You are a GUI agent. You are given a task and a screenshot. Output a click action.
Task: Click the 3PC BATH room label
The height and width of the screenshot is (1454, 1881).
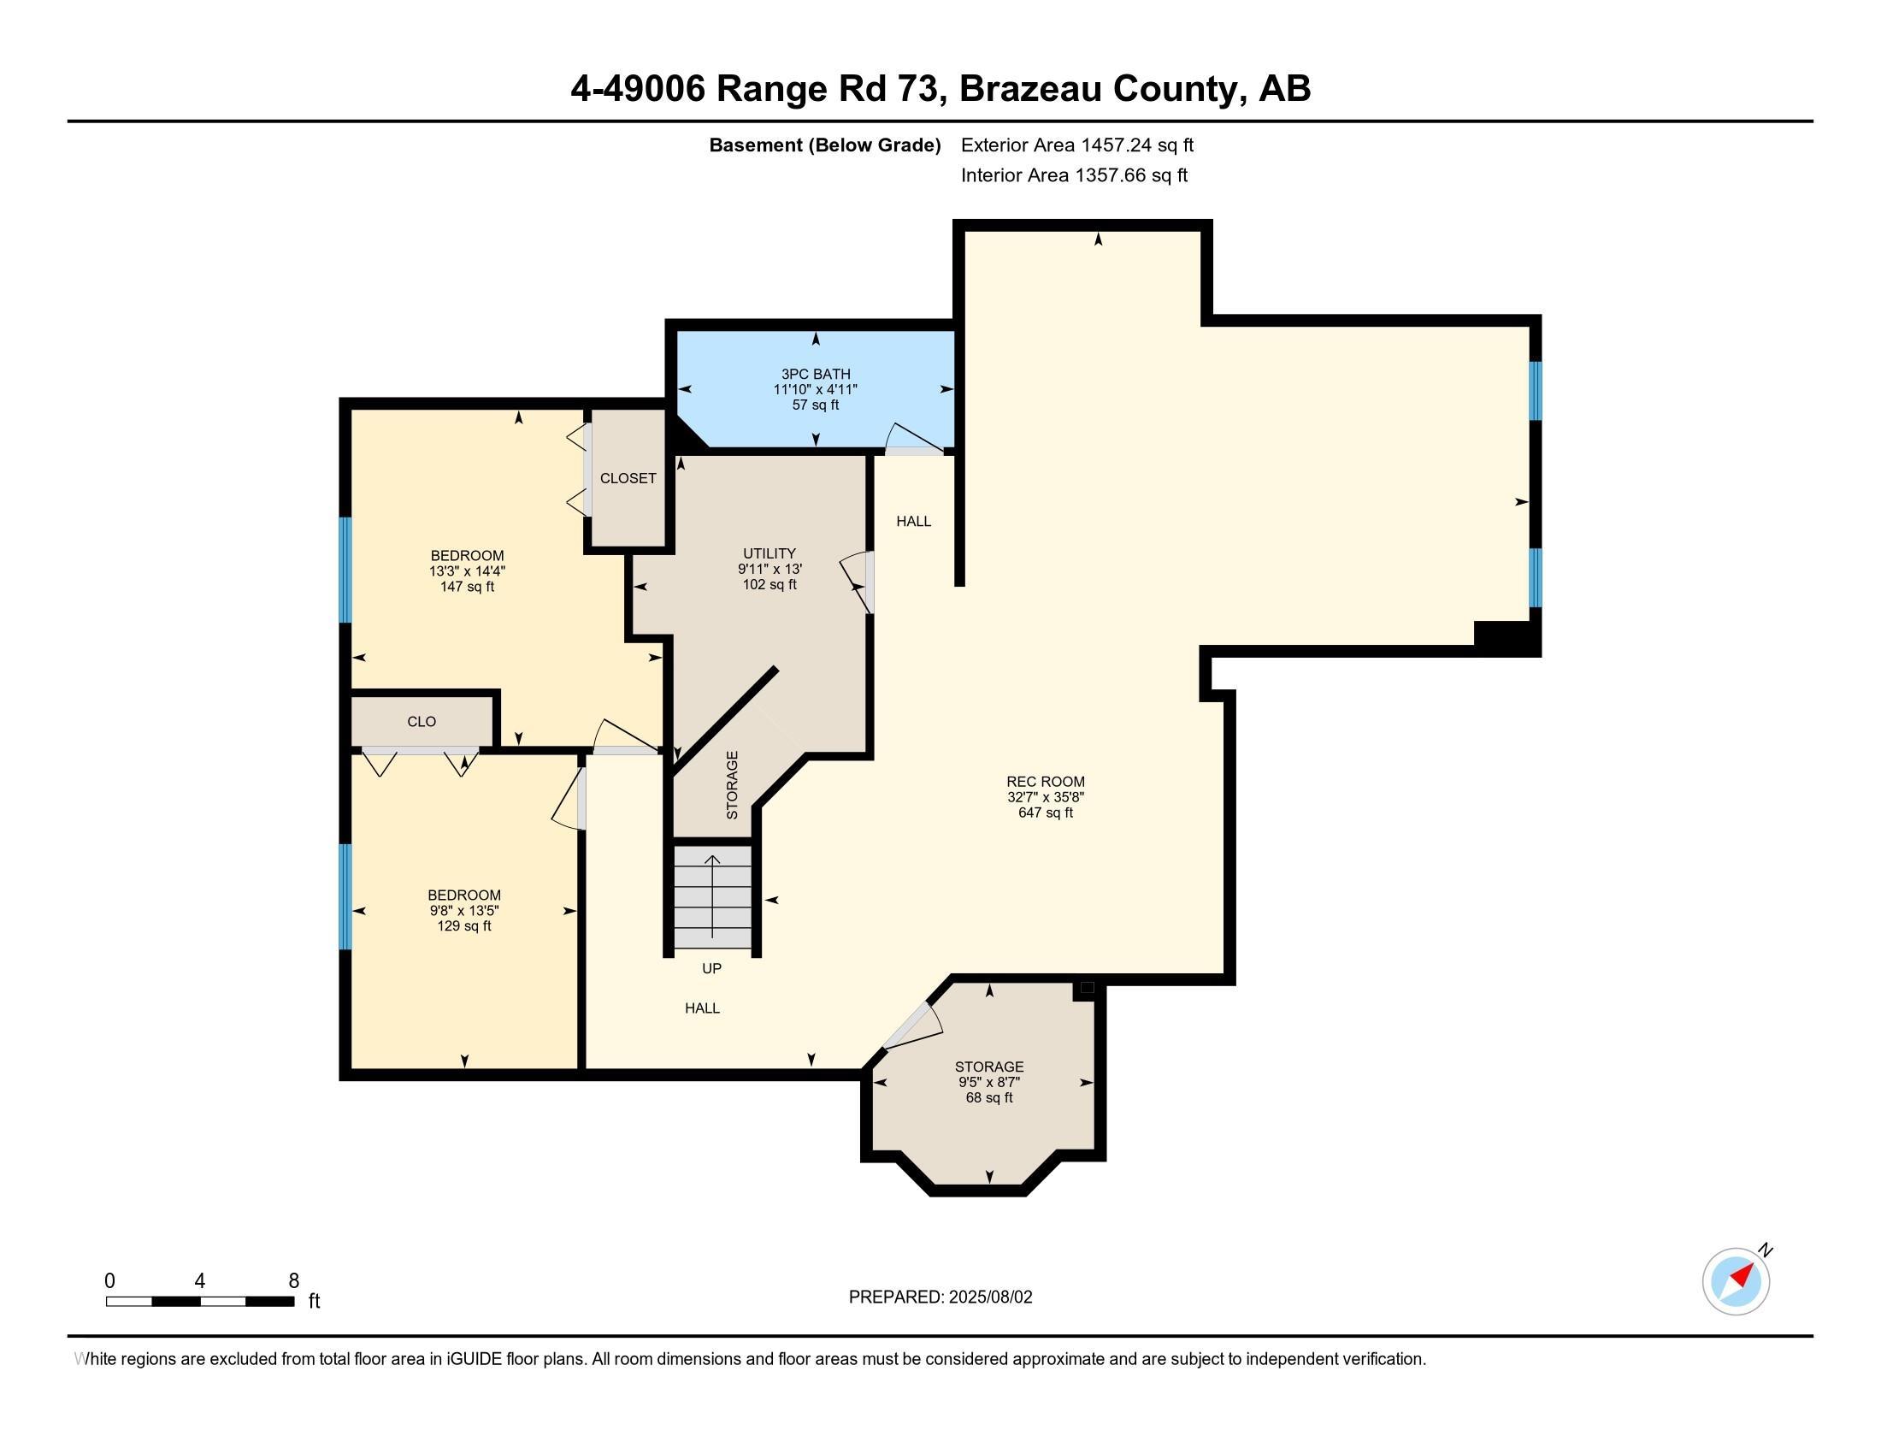pos(815,374)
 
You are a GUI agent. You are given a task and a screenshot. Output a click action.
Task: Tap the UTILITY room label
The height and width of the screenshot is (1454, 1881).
pos(769,554)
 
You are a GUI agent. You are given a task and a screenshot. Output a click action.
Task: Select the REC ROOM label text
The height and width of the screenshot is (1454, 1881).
pos(1045,781)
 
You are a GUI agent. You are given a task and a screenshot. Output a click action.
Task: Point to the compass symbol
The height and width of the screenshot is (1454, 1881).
pos(1736,1281)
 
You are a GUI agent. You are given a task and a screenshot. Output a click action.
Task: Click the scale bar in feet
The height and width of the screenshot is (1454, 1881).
pos(200,1301)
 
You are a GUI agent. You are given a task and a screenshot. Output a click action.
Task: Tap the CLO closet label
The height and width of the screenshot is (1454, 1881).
pos(422,722)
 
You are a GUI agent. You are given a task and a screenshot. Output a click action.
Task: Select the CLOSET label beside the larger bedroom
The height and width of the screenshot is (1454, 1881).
pos(628,478)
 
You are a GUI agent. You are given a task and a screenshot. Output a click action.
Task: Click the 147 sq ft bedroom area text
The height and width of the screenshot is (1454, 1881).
pos(467,587)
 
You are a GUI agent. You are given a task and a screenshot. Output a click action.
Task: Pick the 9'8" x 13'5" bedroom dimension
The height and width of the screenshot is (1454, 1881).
pos(464,911)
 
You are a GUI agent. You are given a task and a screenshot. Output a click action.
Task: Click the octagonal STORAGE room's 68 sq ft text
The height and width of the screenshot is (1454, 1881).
pos(988,1097)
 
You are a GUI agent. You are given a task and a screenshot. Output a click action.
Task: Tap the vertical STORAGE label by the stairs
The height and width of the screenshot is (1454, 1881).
pos(732,784)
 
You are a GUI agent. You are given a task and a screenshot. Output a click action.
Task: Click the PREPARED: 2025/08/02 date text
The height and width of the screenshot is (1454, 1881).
pos(940,1297)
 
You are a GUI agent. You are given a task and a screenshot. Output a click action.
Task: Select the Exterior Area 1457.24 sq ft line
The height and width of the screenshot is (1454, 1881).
pos(1076,145)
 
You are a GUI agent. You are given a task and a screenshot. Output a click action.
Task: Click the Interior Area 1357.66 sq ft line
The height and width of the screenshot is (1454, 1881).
pos(1074,174)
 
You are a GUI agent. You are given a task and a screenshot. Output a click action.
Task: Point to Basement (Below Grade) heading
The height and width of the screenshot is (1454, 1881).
pos(824,145)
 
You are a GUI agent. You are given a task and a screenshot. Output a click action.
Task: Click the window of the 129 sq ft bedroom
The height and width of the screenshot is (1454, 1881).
pos(345,895)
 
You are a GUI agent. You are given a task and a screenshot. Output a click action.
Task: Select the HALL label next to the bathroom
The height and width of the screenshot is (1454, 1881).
pos(913,521)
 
